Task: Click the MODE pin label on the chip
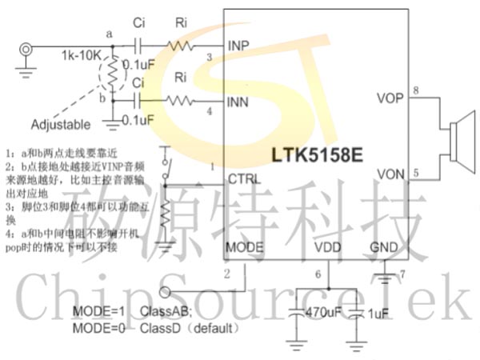(x=245, y=246)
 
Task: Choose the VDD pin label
(x=328, y=246)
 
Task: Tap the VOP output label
(x=390, y=98)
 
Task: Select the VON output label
(x=390, y=174)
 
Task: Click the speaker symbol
(x=460, y=135)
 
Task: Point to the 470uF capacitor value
(x=324, y=313)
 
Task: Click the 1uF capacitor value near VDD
(x=376, y=314)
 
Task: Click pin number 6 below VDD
(x=318, y=274)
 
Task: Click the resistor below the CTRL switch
(x=165, y=213)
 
